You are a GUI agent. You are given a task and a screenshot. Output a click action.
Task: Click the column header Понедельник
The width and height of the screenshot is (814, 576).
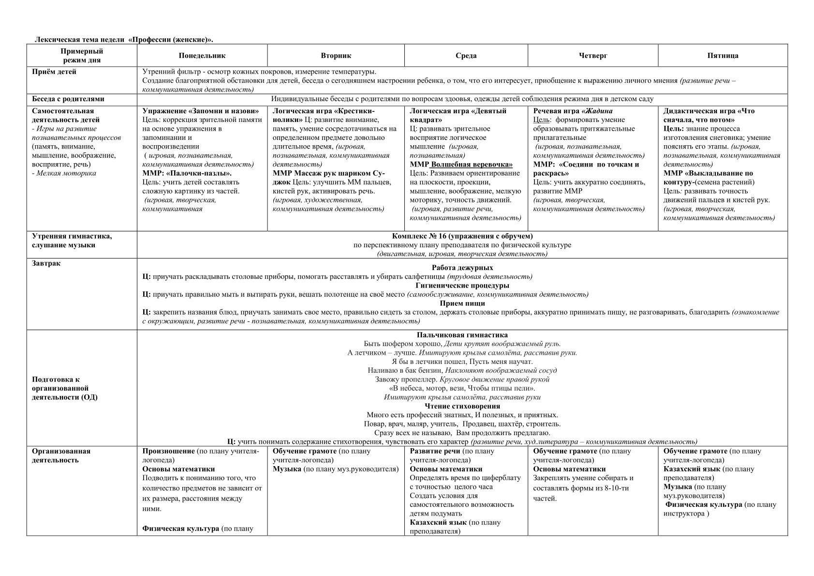202,56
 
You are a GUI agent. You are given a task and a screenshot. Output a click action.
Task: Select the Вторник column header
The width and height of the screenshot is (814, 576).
336,56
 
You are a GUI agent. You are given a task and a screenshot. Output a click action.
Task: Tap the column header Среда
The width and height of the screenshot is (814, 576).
466,56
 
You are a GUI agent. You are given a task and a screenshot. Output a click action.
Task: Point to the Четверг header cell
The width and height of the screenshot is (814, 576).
592,56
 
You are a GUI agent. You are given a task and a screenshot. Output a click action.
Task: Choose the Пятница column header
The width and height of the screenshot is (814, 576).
723,56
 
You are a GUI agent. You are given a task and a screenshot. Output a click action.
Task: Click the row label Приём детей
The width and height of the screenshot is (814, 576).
54,72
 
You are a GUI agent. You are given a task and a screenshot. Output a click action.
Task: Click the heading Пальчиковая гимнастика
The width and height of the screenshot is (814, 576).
462,335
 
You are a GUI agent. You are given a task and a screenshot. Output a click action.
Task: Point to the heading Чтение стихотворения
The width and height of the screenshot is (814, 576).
462,406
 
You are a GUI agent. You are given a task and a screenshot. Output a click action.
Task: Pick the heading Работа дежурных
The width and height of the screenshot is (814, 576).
462,268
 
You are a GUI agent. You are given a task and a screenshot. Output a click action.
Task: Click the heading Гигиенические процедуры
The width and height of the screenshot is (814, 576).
462,286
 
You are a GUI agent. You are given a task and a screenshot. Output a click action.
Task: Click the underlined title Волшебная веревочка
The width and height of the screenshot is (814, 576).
471,165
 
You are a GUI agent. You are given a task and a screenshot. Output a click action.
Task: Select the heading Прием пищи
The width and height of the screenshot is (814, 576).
462,303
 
